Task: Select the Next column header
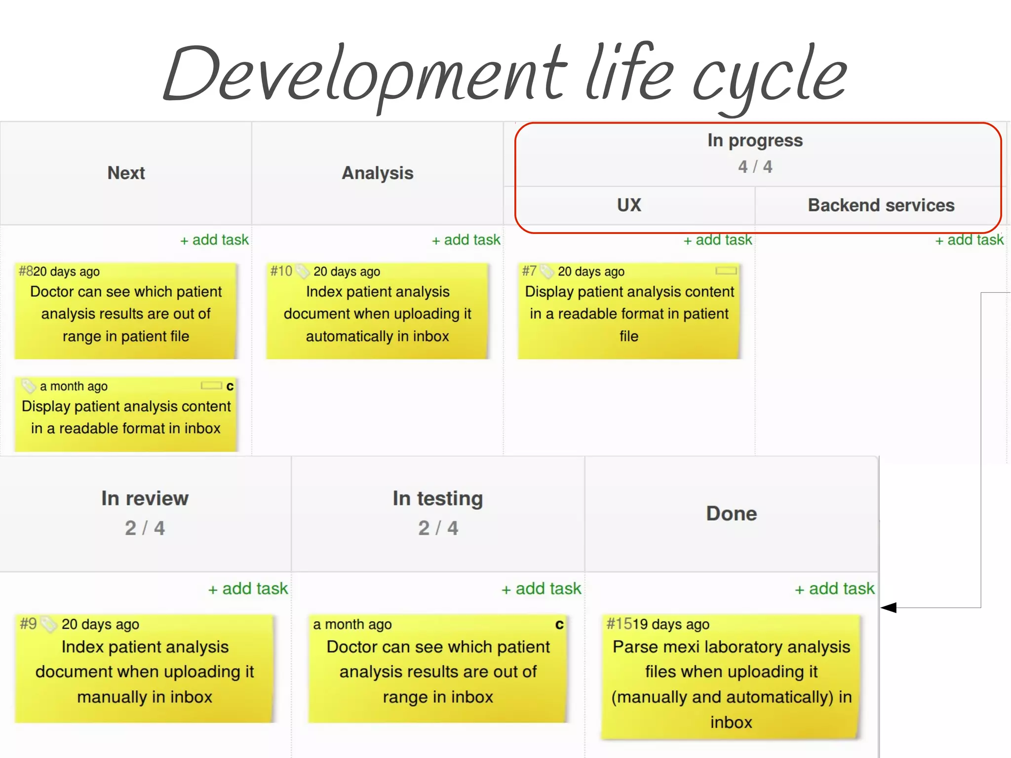[126, 173]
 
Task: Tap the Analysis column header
[378, 173]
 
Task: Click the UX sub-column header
[629, 205]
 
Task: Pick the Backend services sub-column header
[881, 205]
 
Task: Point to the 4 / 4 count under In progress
[755, 167]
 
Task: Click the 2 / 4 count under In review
[145, 528]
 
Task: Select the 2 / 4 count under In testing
[438, 528]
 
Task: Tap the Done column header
[731, 514]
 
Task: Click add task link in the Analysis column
[466, 240]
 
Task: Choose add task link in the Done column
[835, 589]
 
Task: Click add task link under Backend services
[970, 240]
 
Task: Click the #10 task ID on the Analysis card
[281, 271]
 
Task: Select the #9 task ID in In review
[28, 624]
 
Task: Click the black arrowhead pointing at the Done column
[889, 607]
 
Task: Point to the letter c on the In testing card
[559, 625]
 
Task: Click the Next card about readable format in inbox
[126, 417]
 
